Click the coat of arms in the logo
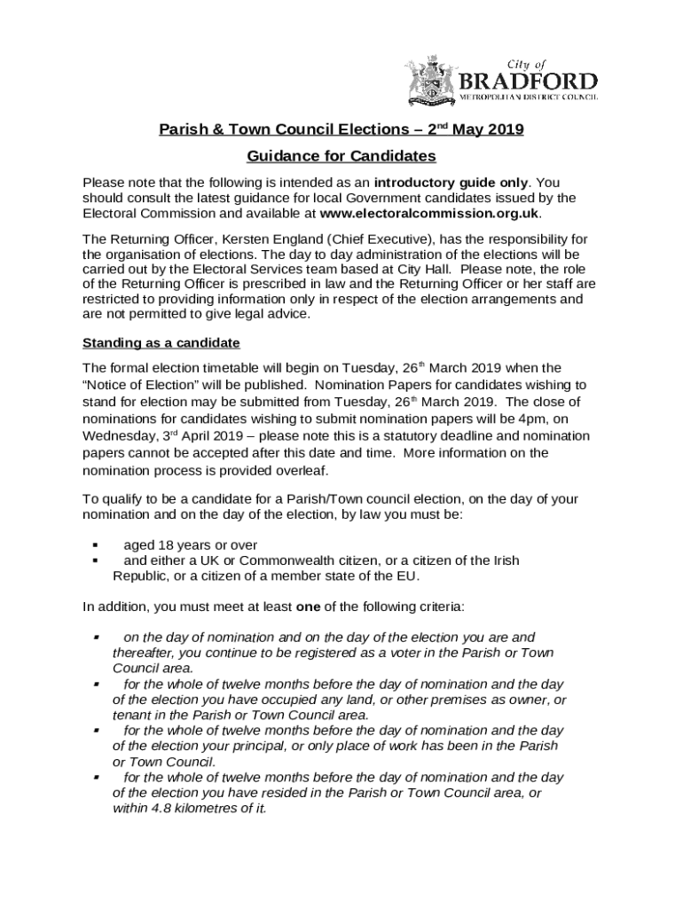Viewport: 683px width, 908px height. (x=431, y=82)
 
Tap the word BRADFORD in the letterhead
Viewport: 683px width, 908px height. (x=530, y=82)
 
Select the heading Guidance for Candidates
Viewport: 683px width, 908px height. (x=341, y=156)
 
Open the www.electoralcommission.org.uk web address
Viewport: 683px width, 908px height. (x=429, y=214)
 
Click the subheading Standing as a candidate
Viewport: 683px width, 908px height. (x=161, y=342)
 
